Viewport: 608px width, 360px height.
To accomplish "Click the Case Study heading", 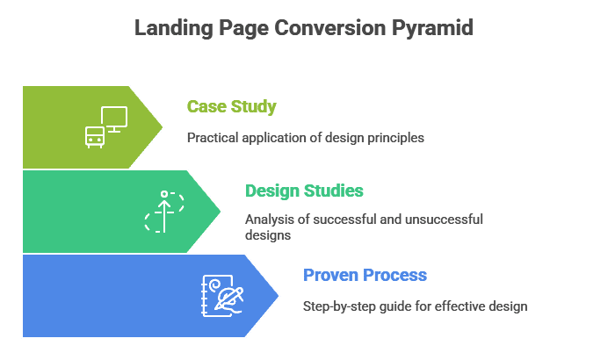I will click(231, 107).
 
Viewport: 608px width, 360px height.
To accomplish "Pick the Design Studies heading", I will click(304, 191).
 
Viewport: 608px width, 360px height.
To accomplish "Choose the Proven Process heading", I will click(365, 275).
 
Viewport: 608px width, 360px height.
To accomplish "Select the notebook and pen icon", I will click(222, 295).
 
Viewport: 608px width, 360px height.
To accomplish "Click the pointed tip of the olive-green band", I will click(164, 126).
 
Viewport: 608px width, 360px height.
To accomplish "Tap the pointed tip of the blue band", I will click(280, 295).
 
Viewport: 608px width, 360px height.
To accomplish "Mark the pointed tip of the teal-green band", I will click(222, 211).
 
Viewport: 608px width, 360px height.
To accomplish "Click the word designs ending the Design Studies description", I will click(267, 235).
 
